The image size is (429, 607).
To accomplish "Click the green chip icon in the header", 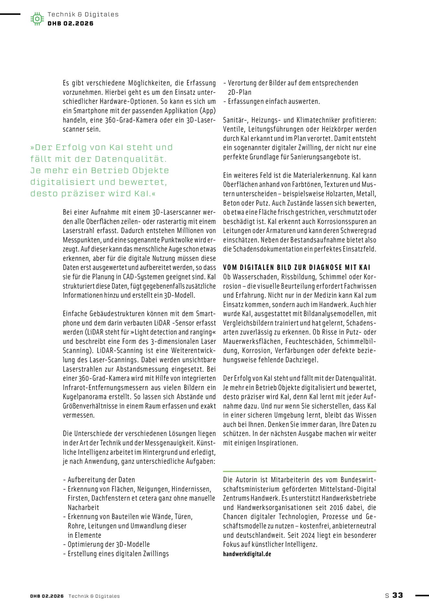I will click(37, 19).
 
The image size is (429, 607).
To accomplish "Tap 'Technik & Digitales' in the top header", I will click(83, 14).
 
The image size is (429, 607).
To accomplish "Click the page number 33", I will click(398, 595).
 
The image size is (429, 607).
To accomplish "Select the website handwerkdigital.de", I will click(247, 554).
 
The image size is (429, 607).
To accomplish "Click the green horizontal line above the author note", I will click(300, 471).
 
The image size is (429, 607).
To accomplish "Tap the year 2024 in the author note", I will click(308, 535).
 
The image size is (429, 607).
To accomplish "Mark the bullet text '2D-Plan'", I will click(239, 92).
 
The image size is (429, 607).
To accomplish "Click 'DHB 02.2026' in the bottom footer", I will click(47, 596).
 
